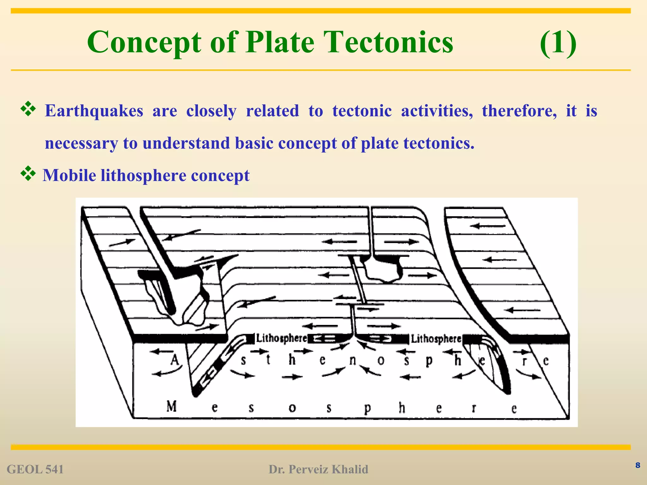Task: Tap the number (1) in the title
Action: (558, 43)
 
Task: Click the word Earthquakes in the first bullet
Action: (94, 111)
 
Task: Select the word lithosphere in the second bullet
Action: (143, 176)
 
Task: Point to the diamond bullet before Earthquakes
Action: (28, 109)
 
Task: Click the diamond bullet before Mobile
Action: (28, 173)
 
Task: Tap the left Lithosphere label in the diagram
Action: (281, 338)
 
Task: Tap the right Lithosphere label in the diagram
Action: (436, 339)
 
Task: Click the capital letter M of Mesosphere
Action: (172, 406)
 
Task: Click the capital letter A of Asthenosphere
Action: (175, 360)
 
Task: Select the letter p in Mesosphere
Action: (367, 409)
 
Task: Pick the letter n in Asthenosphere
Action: (353, 360)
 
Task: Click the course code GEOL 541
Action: (35, 470)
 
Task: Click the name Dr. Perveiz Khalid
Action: (318, 470)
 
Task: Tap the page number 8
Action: (638, 465)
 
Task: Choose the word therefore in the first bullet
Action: (519, 111)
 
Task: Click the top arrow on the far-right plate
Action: (488, 226)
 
